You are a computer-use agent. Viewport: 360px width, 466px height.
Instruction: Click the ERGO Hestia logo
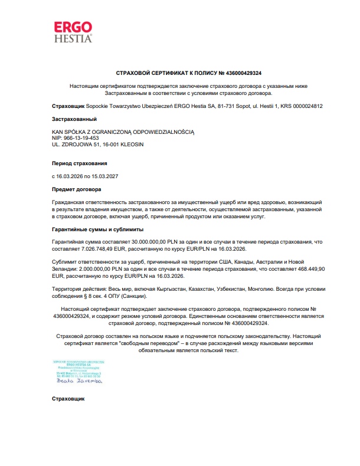coord(73,32)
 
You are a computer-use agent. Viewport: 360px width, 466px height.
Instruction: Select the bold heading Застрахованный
coord(74,119)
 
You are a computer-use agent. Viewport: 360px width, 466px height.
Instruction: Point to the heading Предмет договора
coord(76,189)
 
